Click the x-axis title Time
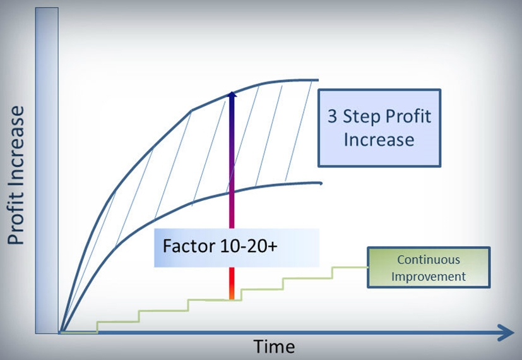(274, 347)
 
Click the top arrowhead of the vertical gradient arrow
(232, 95)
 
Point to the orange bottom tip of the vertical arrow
(232, 296)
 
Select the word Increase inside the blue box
(379, 139)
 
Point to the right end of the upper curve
(318, 80)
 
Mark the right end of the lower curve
(321, 184)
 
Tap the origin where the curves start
(61, 331)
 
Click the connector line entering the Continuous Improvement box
(350, 267)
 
